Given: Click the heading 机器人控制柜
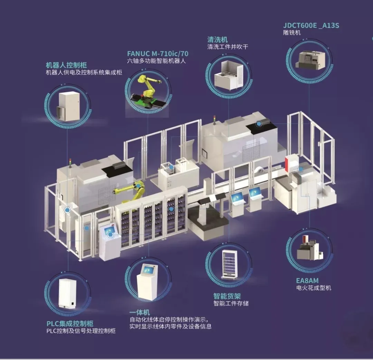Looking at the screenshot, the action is (66, 65).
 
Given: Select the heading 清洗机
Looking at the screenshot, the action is (218, 39).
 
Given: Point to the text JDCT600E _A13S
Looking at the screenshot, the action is (311, 26).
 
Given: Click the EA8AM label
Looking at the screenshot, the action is (307, 281).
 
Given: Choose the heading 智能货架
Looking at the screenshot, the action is (227, 296).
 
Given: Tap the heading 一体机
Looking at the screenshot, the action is (140, 312).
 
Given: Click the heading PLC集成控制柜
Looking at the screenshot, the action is (70, 323).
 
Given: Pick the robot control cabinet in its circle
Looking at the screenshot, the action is (69, 106).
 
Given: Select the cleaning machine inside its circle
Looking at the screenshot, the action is (229, 75).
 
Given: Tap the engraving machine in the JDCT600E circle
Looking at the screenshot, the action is (310, 60).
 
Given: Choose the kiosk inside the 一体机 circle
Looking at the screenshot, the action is (147, 282).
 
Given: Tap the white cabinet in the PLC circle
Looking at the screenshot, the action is (68, 294).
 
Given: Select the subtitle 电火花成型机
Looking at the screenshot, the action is (314, 288).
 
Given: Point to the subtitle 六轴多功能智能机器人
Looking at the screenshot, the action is (156, 61).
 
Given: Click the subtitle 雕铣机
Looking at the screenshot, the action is (291, 32).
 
